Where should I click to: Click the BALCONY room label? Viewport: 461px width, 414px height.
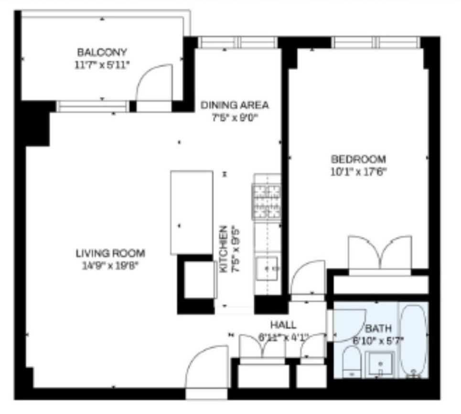(x=102, y=52)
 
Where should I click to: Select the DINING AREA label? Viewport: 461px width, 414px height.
(x=235, y=105)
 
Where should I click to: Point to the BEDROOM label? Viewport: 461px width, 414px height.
(x=358, y=159)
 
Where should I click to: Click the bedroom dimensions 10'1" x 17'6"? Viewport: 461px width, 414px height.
(x=358, y=172)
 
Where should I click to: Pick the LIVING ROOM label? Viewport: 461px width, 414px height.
(x=110, y=253)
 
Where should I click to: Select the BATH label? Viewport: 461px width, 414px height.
(x=378, y=328)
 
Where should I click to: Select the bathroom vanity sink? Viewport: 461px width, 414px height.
(x=380, y=364)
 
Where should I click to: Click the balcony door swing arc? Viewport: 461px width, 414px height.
(x=154, y=84)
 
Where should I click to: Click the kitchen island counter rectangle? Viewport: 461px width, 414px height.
(x=192, y=212)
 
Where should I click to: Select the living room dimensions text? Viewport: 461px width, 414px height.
(x=110, y=266)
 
